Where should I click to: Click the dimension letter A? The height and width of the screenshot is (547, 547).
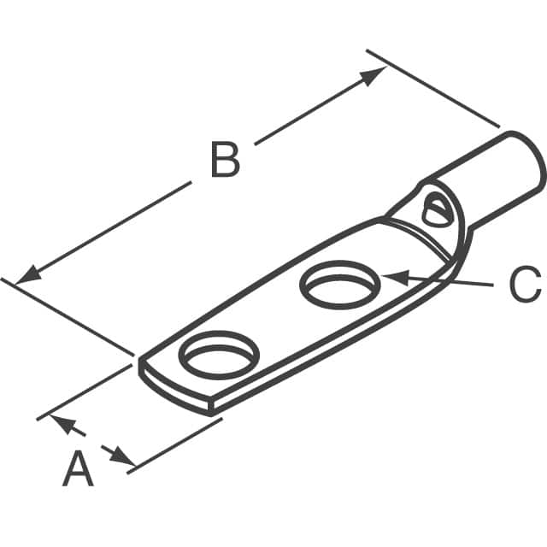pos(78,470)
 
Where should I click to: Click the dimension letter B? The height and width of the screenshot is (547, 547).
pos(224,161)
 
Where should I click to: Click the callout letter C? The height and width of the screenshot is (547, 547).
pos(524,285)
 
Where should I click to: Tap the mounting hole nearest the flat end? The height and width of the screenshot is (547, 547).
pos(218,354)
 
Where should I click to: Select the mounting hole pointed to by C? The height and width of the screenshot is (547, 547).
pos(339,285)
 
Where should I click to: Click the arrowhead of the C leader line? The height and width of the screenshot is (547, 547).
pos(391,277)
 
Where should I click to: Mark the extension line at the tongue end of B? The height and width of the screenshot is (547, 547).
pos(68,315)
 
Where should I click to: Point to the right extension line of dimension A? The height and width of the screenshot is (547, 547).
pos(175,443)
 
